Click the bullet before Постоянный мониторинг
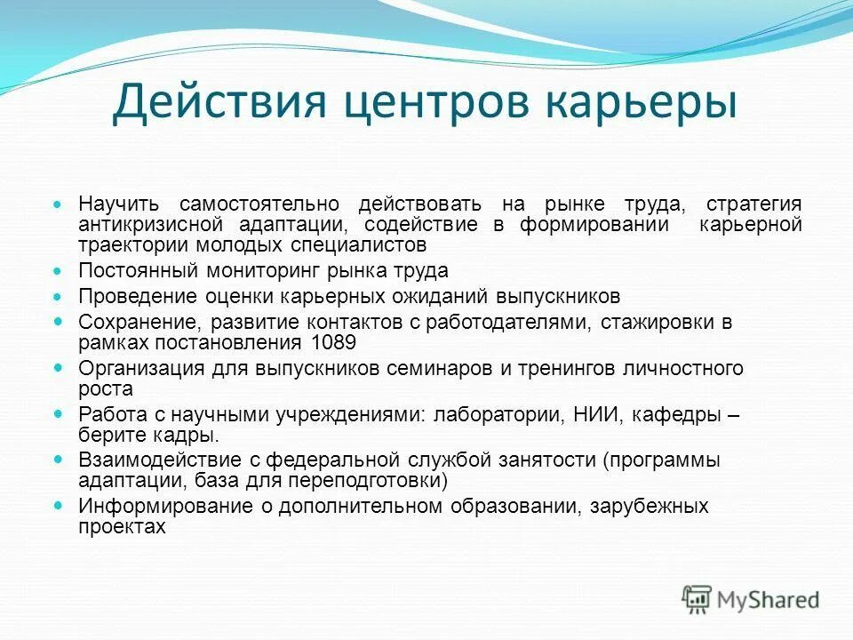59,270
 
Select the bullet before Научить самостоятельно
59,204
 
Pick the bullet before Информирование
59,507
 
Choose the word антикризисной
146,225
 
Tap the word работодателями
500,323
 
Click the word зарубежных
642,507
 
